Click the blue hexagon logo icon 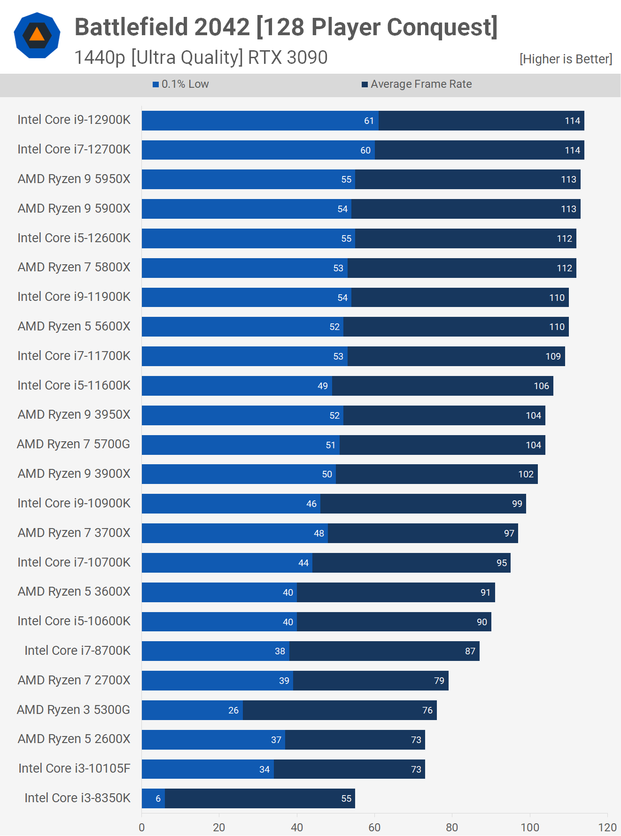(x=37, y=36)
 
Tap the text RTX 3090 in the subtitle (x=287, y=58)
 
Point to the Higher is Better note (x=566, y=59)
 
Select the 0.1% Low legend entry (x=181, y=84)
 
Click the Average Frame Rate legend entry (x=417, y=84)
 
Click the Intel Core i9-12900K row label (x=74, y=120)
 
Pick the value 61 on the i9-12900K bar (x=369, y=121)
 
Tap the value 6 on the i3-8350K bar (x=158, y=799)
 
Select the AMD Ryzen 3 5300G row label (x=73, y=710)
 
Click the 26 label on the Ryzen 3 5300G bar (x=233, y=711)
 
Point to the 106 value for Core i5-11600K (x=541, y=386)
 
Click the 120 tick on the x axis (x=607, y=828)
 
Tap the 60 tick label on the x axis (x=374, y=828)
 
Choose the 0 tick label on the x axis (x=142, y=828)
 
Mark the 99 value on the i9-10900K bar (x=517, y=504)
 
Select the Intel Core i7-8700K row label (x=78, y=651)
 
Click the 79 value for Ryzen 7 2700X (x=439, y=681)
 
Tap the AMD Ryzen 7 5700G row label (x=73, y=445)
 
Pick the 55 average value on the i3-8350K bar (x=346, y=799)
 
